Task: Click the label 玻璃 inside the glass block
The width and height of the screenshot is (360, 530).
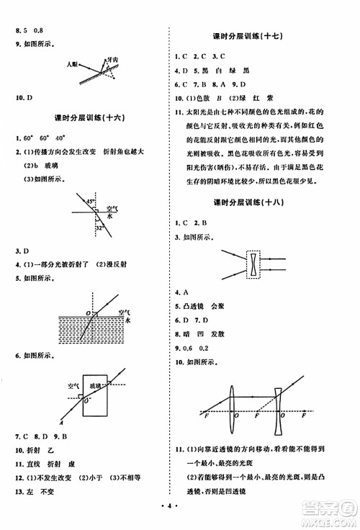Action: point(95,386)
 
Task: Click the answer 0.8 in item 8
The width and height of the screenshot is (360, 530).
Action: point(38,11)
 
